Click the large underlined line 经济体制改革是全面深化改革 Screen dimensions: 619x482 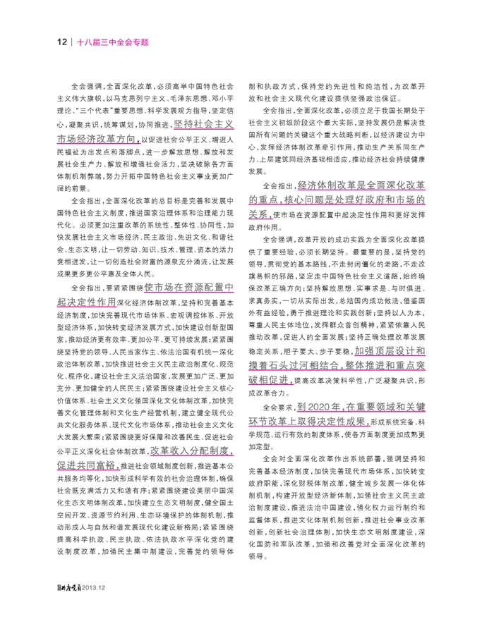point(361,185)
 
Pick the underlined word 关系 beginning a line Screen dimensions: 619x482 point(258,214)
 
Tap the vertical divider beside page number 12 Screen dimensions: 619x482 point(73,42)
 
